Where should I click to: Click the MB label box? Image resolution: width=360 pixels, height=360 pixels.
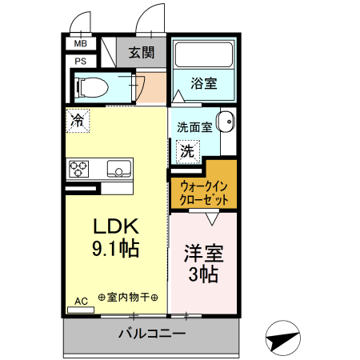[x=81, y=45]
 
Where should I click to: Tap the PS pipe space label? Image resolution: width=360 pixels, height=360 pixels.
[x=81, y=60]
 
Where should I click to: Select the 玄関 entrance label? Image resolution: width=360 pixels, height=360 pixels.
[x=141, y=53]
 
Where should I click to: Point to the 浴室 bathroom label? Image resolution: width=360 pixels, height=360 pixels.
[x=203, y=82]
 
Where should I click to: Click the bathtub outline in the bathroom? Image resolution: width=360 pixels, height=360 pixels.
[x=203, y=55]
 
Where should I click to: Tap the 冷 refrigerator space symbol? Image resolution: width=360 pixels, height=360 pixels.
[x=78, y=121]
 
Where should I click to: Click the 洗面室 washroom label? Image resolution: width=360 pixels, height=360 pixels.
[x=194, y=126]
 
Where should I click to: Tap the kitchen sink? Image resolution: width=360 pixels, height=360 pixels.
[x=118, y=169]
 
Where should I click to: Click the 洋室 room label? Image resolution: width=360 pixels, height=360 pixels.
[x=204, y=253]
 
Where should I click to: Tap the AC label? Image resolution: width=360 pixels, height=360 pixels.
[x=82, y=302]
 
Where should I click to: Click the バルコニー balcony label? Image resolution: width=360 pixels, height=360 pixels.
[x=152, y=333]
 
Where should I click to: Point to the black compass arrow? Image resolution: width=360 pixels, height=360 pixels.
[x=286, y=338]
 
